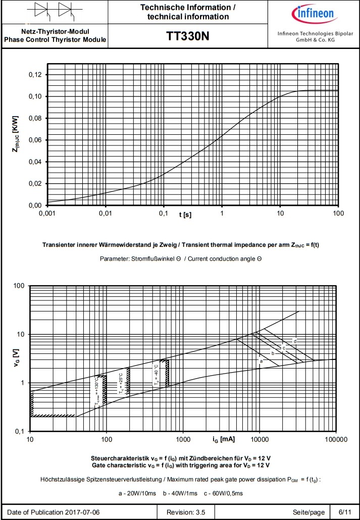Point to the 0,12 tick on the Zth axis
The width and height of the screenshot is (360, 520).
click(x=37, y=75)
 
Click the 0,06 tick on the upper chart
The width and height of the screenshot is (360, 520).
click(x=37, y=140)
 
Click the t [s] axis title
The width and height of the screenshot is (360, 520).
click(x=185, y=215)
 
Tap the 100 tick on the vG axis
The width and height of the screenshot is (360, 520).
click(x=19, y=286)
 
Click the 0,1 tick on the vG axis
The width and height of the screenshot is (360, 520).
click(x=19, y=432)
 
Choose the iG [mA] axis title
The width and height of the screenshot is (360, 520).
click(x=221, y=439)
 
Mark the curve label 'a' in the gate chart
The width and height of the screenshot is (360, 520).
click(x=261, y=361)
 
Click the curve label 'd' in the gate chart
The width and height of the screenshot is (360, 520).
click(x=294, y=342)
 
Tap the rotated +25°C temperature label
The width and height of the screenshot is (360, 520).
click(x=121, y=383)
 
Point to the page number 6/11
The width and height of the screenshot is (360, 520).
click(x=345, y=512)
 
